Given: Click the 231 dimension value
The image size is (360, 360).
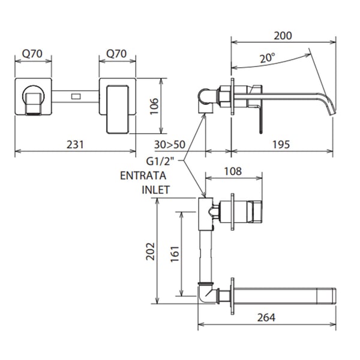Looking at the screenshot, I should point(74,145).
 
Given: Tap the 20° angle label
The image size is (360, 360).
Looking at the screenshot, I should point(268,58).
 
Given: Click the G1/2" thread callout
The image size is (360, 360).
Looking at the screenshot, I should point(161,161).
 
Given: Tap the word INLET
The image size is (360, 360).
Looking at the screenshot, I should point(156,190).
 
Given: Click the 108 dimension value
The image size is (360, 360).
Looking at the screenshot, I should point(233,171).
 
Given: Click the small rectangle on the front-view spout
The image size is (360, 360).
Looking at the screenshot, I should point(76,95).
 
